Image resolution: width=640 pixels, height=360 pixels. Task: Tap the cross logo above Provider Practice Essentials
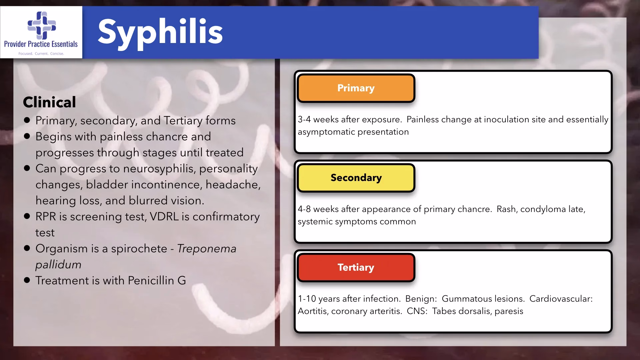[42, 25]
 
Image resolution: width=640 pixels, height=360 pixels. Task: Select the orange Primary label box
[356, 88]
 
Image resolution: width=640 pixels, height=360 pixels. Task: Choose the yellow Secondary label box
[356, 178]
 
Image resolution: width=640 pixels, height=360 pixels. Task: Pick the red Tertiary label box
[356, 267]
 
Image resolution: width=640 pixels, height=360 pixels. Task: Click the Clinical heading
[49, 102]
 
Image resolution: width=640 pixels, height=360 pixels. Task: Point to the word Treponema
[207, 249]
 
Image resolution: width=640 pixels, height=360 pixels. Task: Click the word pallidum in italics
[58, 265]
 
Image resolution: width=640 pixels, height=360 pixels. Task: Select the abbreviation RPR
[46, 217]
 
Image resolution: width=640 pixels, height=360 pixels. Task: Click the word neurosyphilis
[159, 169]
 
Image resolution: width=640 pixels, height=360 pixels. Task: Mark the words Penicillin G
[157, 281]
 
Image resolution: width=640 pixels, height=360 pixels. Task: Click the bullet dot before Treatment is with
[27, 280]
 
